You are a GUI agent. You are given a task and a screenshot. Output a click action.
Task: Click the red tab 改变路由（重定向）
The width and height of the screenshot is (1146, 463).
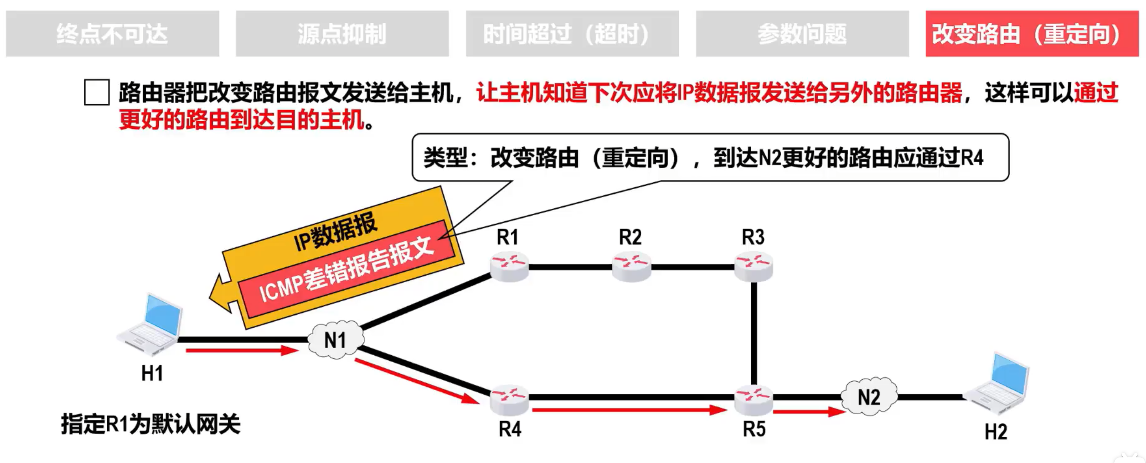coord(1032,33)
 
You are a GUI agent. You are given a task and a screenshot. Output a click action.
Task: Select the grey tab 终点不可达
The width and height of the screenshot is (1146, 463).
coord(112,33)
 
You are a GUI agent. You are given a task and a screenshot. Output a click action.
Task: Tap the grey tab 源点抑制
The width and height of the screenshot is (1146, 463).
coord(342,33)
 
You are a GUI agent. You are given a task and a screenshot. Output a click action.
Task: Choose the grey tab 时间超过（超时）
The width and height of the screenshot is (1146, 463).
coord(572,33)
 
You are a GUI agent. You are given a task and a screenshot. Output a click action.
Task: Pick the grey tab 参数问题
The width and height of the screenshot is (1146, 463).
coord(802,33)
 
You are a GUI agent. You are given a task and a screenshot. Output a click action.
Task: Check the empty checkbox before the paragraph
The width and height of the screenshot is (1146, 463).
coord(97,92)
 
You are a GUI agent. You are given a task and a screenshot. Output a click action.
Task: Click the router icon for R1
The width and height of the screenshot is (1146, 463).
coord(509,266)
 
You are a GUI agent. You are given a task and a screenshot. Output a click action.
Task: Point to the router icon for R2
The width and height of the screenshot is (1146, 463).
coord(631,266)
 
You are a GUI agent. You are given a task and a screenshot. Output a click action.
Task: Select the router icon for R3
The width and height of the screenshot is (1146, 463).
coord(753,266)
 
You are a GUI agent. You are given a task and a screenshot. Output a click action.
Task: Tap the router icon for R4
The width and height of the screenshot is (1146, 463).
coord(509,399)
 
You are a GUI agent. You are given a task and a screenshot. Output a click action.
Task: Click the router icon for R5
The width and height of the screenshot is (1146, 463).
coord(753,399)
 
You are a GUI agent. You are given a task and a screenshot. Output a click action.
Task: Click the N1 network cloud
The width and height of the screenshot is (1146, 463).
coord(335,340)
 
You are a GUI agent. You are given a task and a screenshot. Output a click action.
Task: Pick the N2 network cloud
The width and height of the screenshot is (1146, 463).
coord(869,397)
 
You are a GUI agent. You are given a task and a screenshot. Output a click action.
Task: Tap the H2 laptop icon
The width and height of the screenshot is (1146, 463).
coord(998,384)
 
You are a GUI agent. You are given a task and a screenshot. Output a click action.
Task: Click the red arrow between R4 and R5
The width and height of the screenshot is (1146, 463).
coord(628,410)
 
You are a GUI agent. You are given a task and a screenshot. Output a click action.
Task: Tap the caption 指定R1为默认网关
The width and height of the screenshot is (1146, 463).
coord(150,424)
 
